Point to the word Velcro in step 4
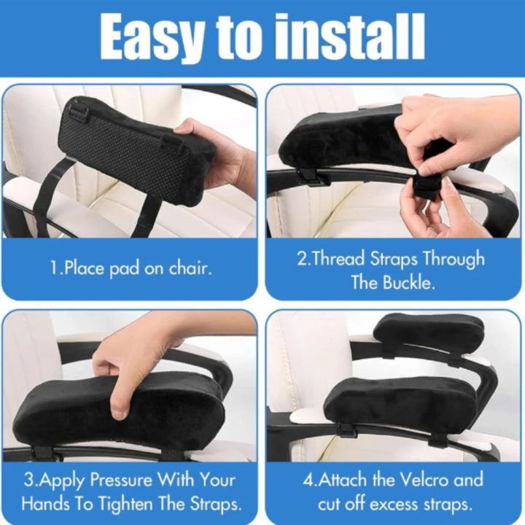(x=424, y=480)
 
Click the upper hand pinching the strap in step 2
(x=445, y=128)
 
